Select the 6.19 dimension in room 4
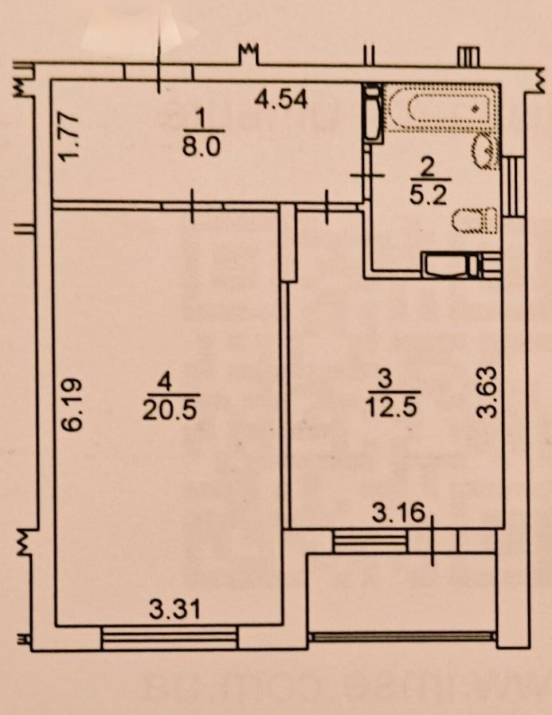[x=73, y=404]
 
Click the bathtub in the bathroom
[x=441, y=107]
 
